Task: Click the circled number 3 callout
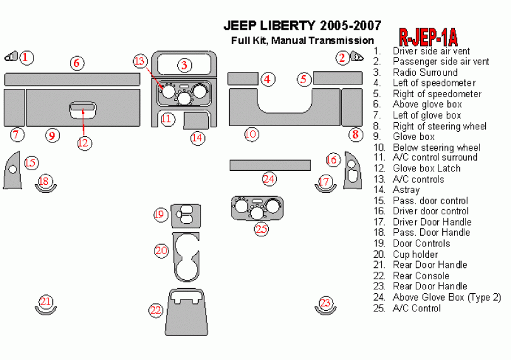tap(184, 65)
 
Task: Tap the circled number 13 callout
tap(140, 61)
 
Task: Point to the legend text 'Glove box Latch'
tap(426, 168)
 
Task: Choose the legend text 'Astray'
tap(406, 190)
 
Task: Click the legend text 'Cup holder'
tap(415, 254)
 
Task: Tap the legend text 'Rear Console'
tap(421, 276)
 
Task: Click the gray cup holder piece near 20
tap(186, 255)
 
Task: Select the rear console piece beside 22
tap(185, 313)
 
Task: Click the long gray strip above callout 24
tap(269, 165)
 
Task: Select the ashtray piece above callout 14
tap(197, 120)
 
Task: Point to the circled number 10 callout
tap(251, 134)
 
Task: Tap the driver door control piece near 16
tap(351, 170)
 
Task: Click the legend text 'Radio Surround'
tap(425, 73)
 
